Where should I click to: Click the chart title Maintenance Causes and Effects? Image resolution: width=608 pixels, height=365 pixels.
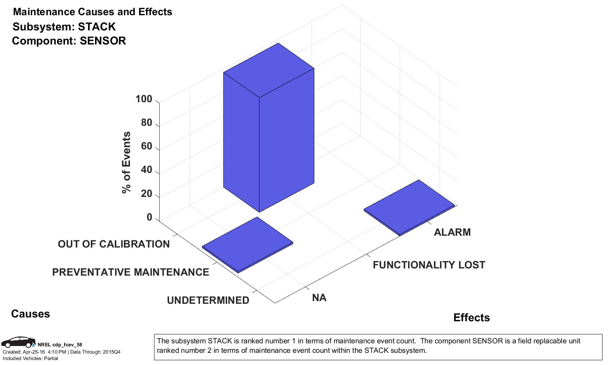[92, 12]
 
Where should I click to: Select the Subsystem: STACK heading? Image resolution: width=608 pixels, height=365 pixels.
[64, 27]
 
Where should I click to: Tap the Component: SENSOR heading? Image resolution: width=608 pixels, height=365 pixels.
[69, 41]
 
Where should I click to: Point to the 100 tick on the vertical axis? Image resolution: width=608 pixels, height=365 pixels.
[144, 99]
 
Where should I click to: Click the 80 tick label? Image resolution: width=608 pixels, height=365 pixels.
[146, 123]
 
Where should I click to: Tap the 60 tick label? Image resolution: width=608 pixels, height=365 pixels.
[146, 146]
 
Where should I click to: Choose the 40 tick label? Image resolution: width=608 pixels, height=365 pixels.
[146, 170]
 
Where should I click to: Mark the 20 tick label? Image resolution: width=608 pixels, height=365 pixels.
[146, 194]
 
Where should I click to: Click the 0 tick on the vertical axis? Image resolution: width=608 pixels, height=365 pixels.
[149, 217]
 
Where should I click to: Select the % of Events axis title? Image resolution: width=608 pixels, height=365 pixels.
[126, 162]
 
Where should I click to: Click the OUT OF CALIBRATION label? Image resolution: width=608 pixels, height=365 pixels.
[114, 244]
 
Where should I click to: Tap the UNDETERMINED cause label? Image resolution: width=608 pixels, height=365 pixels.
[208, 300]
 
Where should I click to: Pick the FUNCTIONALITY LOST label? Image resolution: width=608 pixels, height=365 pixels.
[429, 265]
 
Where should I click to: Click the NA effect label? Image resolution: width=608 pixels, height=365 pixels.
[319, 298]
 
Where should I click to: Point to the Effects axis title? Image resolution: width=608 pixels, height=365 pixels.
[471, 318]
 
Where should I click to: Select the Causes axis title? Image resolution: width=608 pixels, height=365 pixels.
[30, 314]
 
